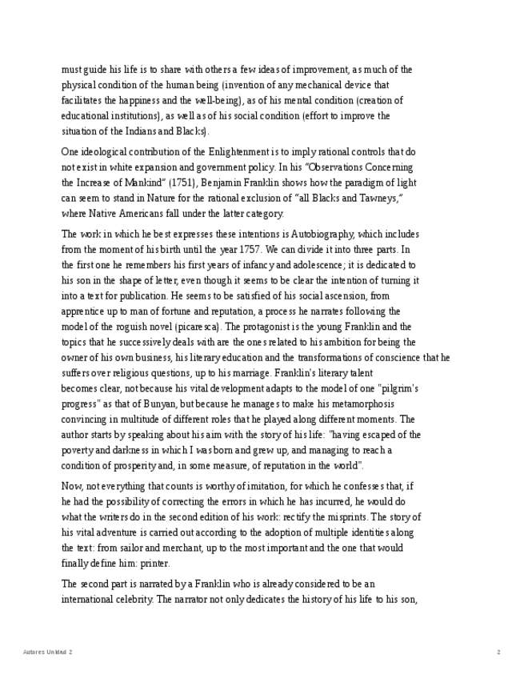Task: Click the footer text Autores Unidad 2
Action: [47, 653]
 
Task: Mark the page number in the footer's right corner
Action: [498, 653]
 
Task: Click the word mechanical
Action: [320, 86]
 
